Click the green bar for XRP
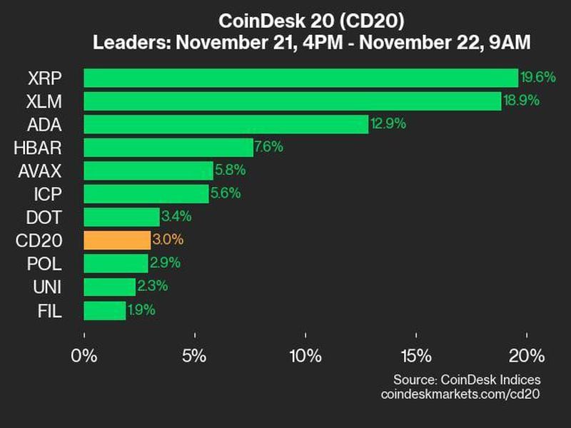pyautogui.click(x=300, y=78)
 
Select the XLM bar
pyautogui.click(x=292, y=101)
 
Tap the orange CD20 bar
pyautogui.click(x=117, y=240)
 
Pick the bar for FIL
pyautogui.click(x=105, y=310)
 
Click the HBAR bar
pyautogui.click(x=168, y=148)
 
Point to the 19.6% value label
pyautogui.click(x=537, y=77)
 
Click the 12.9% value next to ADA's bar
pyautogui.click(x=388, y=124)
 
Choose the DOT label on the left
pyautogui.click(x=46, y=217)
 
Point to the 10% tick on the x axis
pyautogui.click(x=305, y=355)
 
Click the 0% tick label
pyautogui.click(x=85, y=355)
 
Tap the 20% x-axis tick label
pyautogui.click(x=526, y=355)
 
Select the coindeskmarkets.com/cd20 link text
pyautogui.click(x=461, y=394)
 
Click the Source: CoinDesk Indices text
pyautogui.click(x=467, y=379)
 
